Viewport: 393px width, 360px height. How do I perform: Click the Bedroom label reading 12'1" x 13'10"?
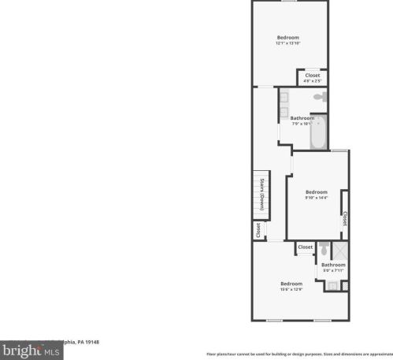coord(288,40)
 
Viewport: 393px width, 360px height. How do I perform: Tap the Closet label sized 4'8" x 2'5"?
coord(313,78)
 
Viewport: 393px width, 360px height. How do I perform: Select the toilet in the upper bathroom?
coord(319,97)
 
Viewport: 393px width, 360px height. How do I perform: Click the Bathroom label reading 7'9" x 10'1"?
coord(302,121)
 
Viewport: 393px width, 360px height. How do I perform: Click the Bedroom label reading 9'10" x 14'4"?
coord(316,195)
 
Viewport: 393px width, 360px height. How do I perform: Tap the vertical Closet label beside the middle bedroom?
coord(345,218)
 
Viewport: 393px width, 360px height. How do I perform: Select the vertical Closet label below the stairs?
coord(258,230)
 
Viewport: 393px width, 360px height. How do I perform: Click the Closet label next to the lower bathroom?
coord(305,247)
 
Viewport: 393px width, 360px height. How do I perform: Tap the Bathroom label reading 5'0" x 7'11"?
coord(333,267)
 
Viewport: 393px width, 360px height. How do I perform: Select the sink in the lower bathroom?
coord(332,286)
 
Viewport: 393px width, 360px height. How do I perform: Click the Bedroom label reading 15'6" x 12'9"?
coord(291,286)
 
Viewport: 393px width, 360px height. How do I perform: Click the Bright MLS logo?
coord(32,351)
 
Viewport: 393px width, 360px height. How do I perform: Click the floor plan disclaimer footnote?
coord(299,354)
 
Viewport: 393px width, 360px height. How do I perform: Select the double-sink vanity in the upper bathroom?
coord(283,105)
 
